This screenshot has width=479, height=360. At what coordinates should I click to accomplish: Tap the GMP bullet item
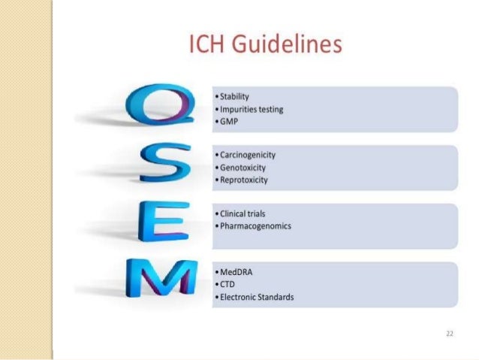[229, 121]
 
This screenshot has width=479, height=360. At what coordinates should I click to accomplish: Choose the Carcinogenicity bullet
[248, 156]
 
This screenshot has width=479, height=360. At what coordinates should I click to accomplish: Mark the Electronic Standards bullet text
[256, 297]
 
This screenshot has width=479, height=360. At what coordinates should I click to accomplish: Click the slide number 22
[448, 331]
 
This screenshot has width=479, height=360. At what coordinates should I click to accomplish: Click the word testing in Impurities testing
[269, 110]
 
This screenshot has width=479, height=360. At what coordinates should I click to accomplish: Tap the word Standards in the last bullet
[274, 297]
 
